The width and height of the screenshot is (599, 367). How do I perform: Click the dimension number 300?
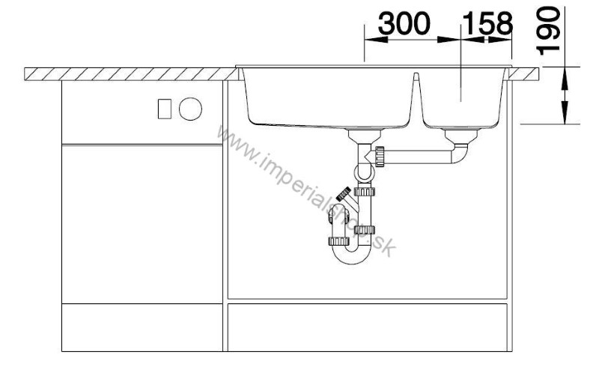(x=404, y=24)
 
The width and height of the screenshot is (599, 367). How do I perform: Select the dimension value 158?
(x=488, y=24)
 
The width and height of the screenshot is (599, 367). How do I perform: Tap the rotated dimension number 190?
(x=548, y=31)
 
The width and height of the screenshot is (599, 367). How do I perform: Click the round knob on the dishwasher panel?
(x=190, y=109)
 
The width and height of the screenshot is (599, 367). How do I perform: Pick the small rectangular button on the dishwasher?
(x=165, y=109)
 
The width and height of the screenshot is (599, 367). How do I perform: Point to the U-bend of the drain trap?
(x=352, y=253)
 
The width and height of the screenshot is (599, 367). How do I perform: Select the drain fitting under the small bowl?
(x=461, y=136)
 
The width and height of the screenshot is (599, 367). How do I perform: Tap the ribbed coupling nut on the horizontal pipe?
(x=380, y=157)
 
